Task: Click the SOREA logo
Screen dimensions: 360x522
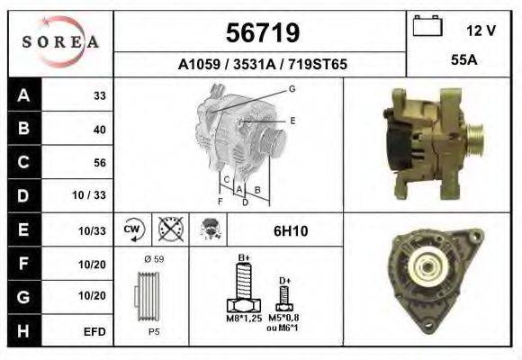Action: tap(60, 42)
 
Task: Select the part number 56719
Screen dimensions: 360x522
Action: tap(261, 33)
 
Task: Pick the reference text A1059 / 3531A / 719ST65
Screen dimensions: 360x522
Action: tap(261, 65)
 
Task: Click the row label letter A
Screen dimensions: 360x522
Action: tap(23, 95)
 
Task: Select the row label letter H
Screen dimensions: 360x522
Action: tap(23, 330)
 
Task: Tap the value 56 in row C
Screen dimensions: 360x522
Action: tap(99, 163)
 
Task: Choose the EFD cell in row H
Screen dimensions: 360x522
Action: tap(94, 331)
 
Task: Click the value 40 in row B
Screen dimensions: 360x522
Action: tap(99, 130)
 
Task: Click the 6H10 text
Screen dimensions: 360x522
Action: tap(291, 231)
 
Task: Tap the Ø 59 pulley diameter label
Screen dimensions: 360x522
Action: tap(154, 259)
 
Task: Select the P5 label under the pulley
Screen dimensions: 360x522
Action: tap(154, 330)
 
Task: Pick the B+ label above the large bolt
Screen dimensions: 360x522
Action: tap(243, 258)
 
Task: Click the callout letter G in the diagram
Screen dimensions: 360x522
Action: tap(292, 88)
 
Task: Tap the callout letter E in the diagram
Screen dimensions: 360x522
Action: tap(292, 120)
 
